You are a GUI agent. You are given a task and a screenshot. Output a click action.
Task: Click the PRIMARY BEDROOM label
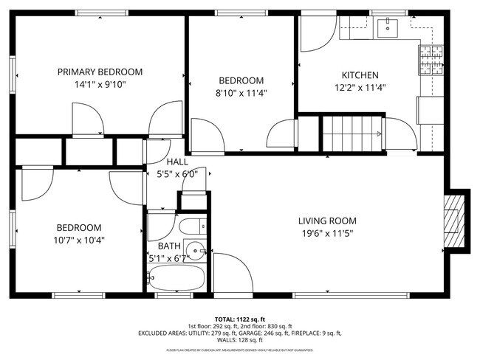tap(100, 72)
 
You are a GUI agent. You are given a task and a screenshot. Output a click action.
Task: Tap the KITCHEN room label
tap(360, 75)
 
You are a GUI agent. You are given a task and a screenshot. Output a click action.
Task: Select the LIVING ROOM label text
tap(327, 221)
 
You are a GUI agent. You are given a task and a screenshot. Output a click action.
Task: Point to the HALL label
tap(177, 162)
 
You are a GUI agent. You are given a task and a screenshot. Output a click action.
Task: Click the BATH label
tap(168, 246)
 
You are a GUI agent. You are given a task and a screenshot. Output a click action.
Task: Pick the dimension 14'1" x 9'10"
tap(100, 84)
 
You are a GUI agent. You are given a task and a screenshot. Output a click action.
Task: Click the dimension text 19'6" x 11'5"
tap(327, 233)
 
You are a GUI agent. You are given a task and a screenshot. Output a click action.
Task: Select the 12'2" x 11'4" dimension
tap(360, 87)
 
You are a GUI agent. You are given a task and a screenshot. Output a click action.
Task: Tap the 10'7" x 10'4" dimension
tap(77, 240)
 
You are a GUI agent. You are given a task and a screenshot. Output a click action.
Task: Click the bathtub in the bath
tap(176, 278)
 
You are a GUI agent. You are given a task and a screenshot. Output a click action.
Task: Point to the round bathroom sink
tap(196, 251)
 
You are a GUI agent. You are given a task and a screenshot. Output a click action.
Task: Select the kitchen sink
tap(386, 29)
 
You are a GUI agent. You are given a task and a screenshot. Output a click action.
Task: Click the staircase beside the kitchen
tap(352, 134)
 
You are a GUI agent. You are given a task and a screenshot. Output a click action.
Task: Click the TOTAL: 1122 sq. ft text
tap(240, 319)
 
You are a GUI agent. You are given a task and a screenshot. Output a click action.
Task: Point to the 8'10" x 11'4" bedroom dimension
tap(241, 93)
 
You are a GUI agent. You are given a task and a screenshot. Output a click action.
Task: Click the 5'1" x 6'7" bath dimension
tap(168, 258)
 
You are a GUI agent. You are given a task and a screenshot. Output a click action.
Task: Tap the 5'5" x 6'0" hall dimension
tap(177, 174)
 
